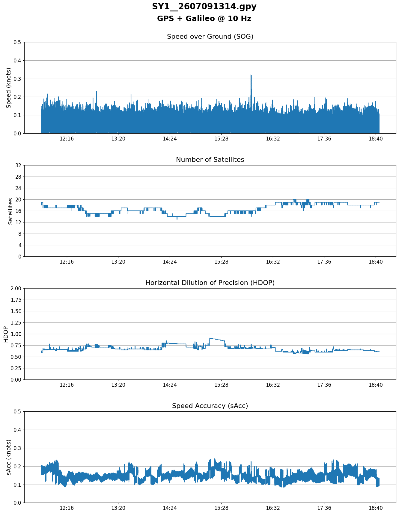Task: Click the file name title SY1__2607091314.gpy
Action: tap(204, 7)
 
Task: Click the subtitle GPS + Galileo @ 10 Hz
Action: tap(204, 19)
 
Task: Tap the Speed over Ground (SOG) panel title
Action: tap(210, 37)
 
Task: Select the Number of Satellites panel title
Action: tap(210, 160)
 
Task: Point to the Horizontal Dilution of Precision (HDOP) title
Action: tap(210, 283)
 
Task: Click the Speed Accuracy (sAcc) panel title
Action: tap(210, 406)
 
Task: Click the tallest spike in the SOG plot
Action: tap(251, 75)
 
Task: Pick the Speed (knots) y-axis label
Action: tap(9, 88)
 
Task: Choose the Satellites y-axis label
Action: tap(10, 211)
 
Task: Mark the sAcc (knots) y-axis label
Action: tap(9, 457)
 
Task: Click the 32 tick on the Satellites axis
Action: tap(18, 165)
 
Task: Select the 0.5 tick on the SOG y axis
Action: tap(17, 42)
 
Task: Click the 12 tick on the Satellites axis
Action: tap(18, 222)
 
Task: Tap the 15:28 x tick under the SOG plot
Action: tap(221, 138)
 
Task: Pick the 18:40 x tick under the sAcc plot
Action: tap(376, 508)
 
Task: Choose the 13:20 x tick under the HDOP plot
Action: tap(118, 385)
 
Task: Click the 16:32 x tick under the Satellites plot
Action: tap(273, 262)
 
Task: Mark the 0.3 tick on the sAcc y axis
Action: tap(17, 448)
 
